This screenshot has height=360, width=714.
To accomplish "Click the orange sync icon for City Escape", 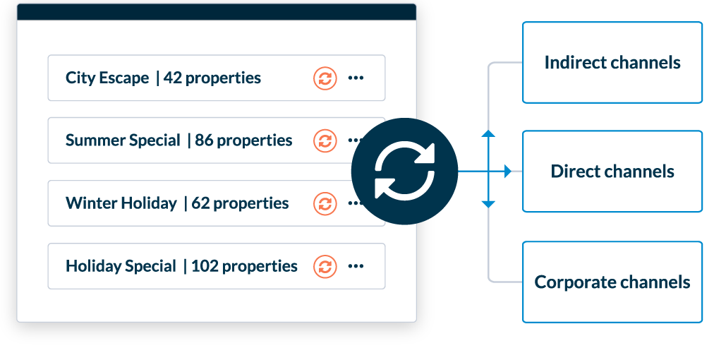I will pyautogui.click(x=325, y=78).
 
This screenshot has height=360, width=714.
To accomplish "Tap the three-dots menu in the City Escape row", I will pyautogui.click(x=356, y=78).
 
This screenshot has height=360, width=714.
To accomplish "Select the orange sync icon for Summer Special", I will pyautogui.click(x=325, y=140).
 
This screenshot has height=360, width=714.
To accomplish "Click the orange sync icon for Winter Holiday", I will pyautogui.click(x=325, y=203).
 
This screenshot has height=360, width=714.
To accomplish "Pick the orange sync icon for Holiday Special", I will pyautogui.click(x=325, y=266).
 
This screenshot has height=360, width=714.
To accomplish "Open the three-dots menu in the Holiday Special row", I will pyautogui.click(x=356, y=266).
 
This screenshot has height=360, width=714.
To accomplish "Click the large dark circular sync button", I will pyautogui.click(x=404, y=172).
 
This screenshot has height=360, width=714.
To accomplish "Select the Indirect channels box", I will pyautogui.click(x=612, y=62).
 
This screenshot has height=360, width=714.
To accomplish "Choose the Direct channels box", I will pyautogui.click(x=612, y=172).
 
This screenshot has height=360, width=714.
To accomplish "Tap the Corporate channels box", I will pyautogui.click(x=612, y=282).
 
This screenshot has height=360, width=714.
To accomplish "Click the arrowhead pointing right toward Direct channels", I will pyautogui.click(x=507, y=172).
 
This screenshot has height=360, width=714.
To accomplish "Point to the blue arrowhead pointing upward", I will pyautogui.click(x=488, y=133).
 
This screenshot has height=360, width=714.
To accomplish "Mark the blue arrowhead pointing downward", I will pyautogui.click(x=488, y=204).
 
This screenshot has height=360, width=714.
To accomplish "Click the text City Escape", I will pyautogui.click(x=107, y=78).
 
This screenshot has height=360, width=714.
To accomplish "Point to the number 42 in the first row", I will pyautogui.click(x=172, y=78).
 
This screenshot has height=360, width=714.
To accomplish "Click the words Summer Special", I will pyautogui.click(x=123, y=140).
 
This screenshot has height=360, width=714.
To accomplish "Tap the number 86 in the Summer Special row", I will pyautogui.click(x=204, y=140).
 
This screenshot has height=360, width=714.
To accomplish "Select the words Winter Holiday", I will pyautogui.click(x=121, y=203).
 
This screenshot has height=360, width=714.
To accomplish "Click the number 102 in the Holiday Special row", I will pyautogui.click(x=205, y=266).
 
